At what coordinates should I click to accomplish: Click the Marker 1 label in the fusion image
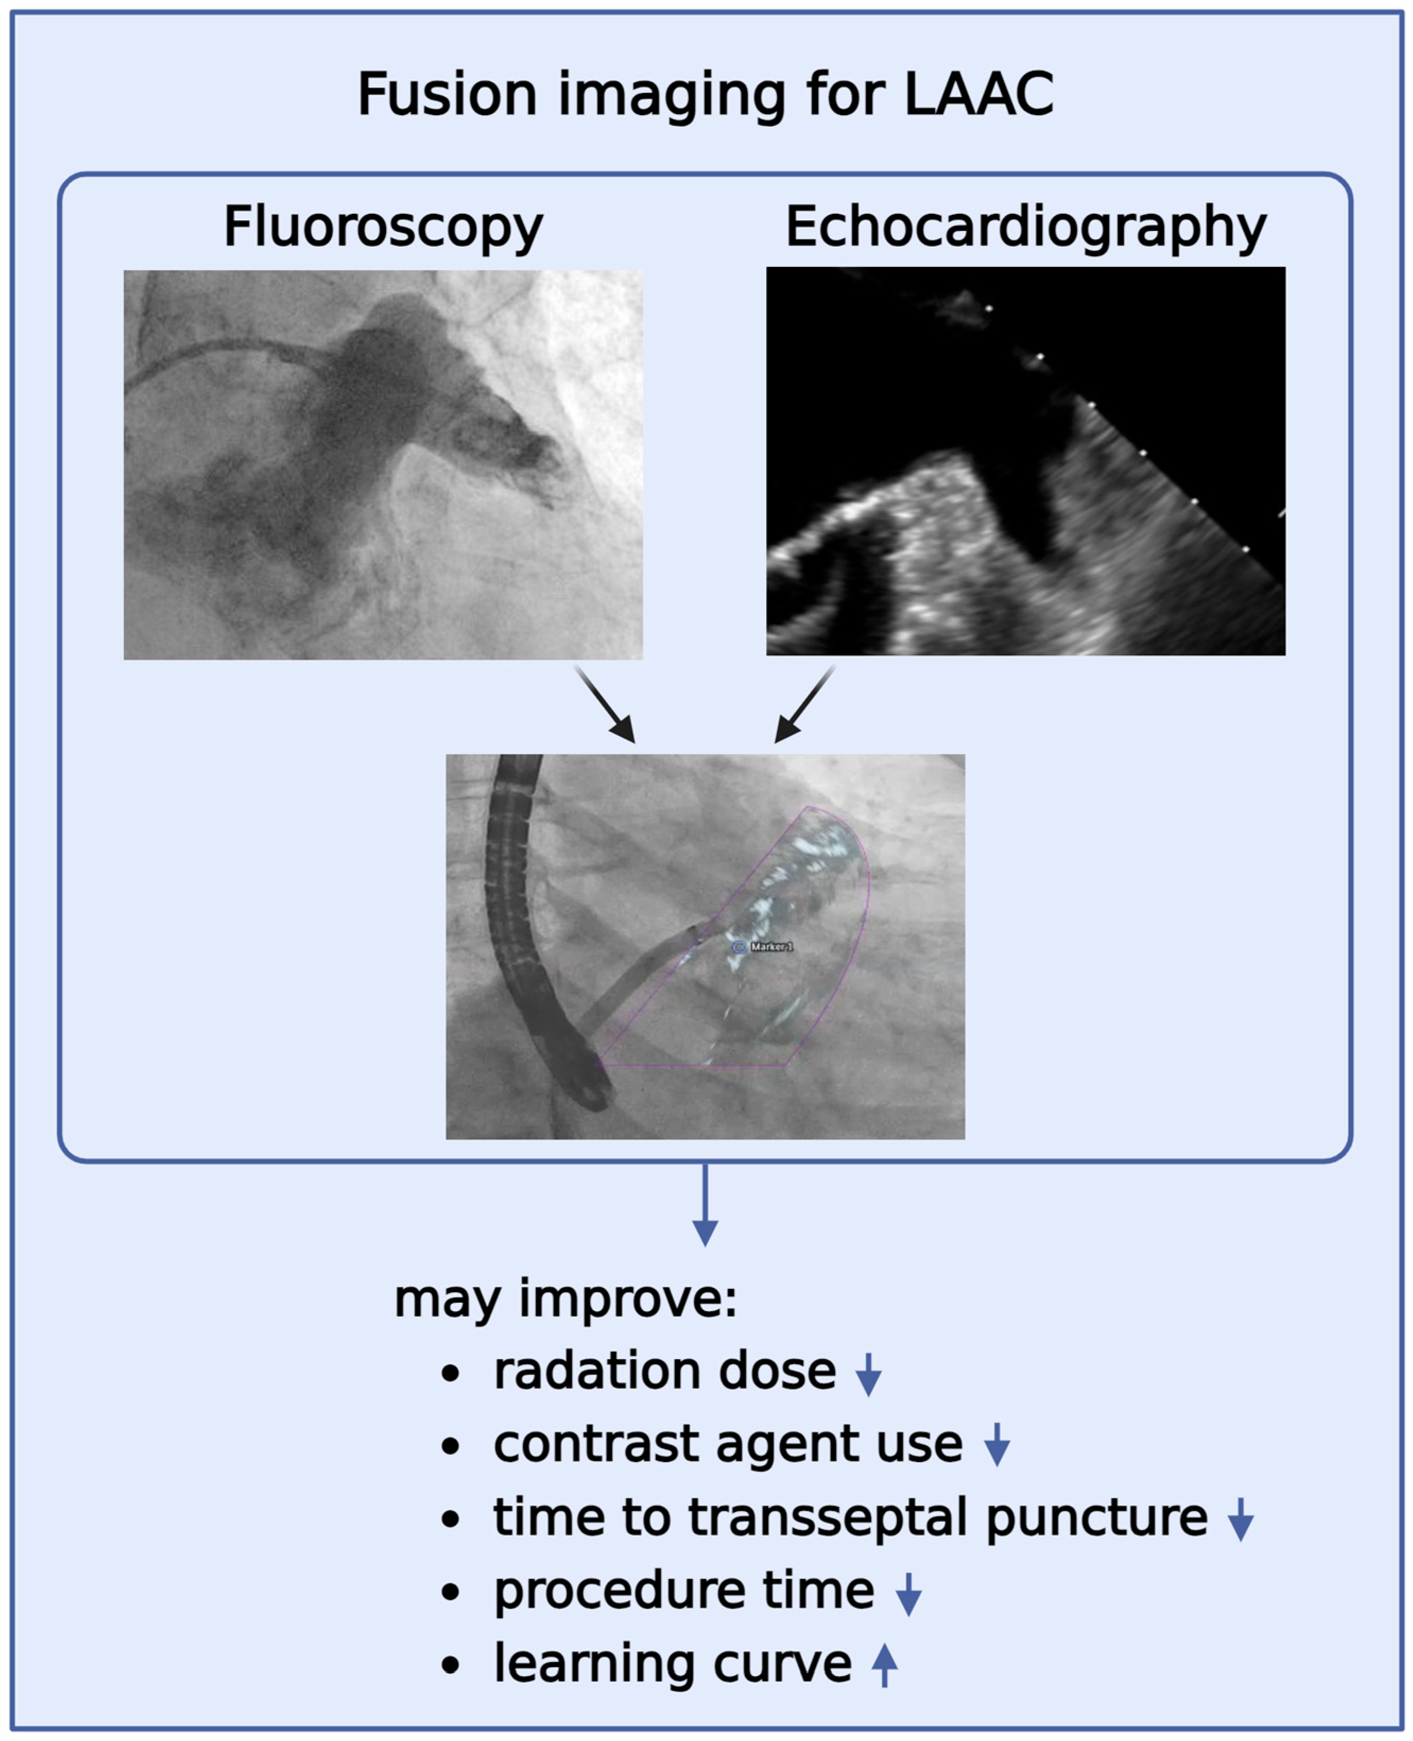click(x=771, y=947)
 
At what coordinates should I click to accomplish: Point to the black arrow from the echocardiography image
click(x=804, y=704)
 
